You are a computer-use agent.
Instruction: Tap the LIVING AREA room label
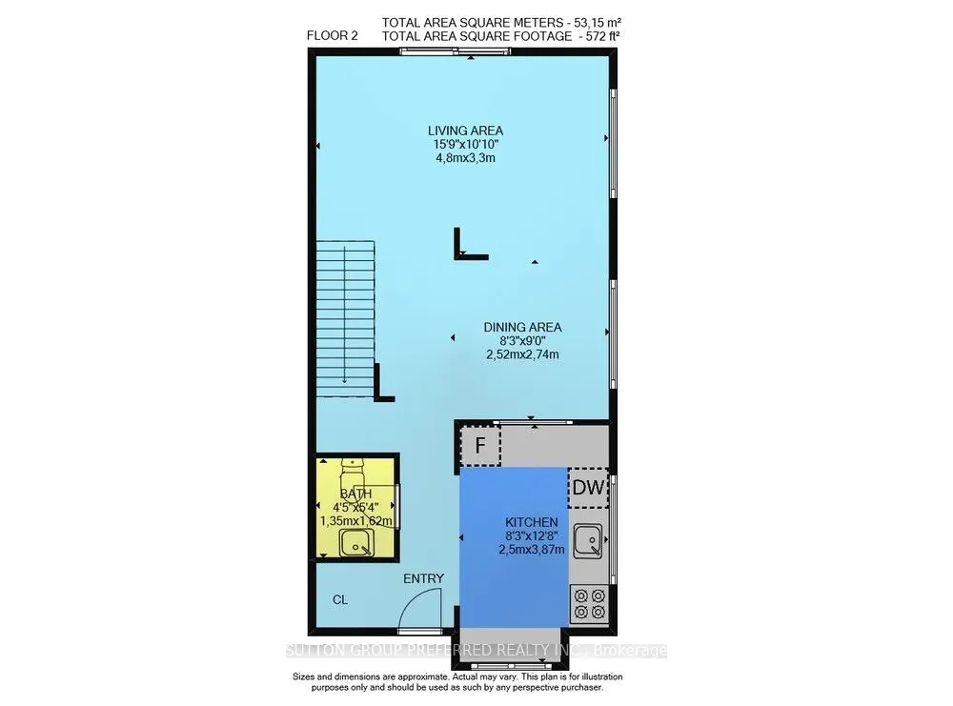click(464, 131)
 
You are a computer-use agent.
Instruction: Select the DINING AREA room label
click(521, 327)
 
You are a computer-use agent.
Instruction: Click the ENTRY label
click(423, 578)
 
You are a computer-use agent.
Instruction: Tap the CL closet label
click(340, 600)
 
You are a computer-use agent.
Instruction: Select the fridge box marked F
click(480, 445)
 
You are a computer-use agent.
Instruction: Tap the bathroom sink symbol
click(355, 544)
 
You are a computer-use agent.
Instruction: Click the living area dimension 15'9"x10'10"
click(464, 145)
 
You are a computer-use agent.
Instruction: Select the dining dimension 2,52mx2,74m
click(521, 354)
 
